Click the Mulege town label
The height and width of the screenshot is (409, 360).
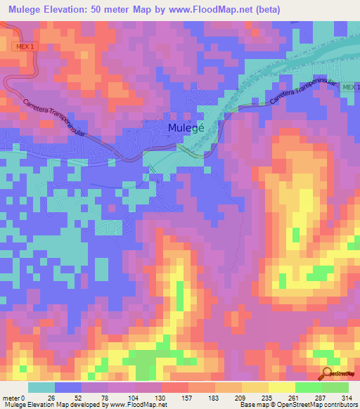point(186,128)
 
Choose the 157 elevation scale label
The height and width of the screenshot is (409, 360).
point(188,398)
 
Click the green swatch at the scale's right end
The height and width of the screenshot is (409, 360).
point(335,387)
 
